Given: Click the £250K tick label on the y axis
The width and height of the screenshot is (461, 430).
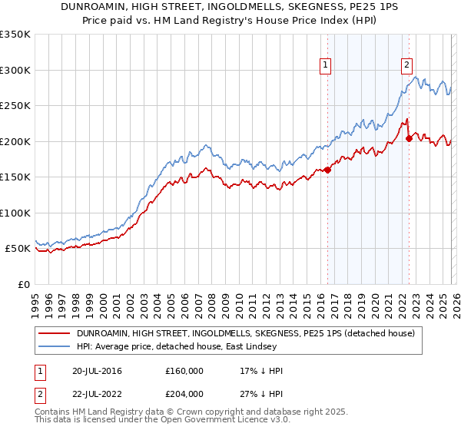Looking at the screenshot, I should pyautogui.click(x=15, y=105).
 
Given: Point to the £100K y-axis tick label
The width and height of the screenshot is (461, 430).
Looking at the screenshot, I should pyautogui.click(x=15, y=213).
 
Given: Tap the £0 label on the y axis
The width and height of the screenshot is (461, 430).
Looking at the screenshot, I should pyautogui.click(x=23, y=284).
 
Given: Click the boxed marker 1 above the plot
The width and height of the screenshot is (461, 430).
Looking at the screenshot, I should pyautogui.click(x=326, y=66).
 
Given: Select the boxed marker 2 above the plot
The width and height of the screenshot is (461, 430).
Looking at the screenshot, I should pyautogui.click(x=406, y=66).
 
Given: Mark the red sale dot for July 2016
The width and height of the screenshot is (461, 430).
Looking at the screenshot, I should pyautogui.click(x=327, y=170).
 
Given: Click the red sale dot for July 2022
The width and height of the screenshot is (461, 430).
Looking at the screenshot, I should pyautogui.click(x=409, y=138).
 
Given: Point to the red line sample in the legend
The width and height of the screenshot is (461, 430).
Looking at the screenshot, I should pyautogui.click(x=55, y=333).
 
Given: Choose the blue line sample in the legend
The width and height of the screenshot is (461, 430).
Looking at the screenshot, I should pyautogui.click(x=55, y=346).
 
